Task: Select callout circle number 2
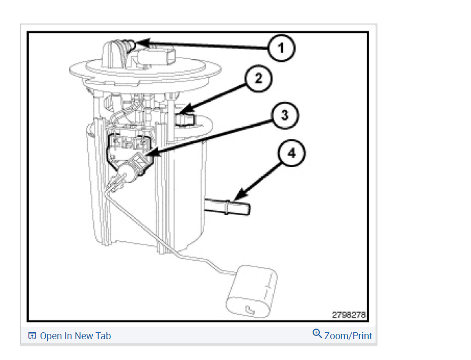258,79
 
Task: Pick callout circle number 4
291,154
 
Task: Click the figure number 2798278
349,315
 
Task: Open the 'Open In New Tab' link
75,336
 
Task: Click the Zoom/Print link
348,336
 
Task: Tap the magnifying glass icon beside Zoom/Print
317,334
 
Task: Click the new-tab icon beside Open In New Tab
32,336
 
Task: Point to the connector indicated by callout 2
185,118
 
